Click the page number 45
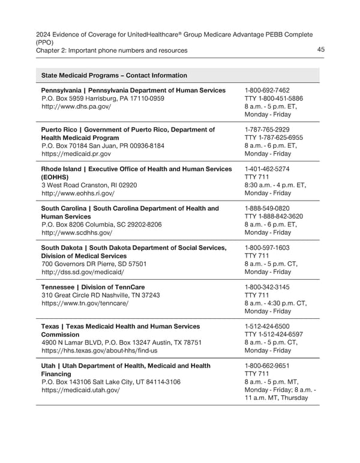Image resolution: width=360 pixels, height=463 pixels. point(320,50)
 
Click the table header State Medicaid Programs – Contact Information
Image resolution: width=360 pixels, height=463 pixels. point(114,75)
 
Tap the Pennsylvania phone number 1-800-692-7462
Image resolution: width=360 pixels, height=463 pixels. point(267,90)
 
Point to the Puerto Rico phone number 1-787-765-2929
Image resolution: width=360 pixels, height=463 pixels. point(267,129)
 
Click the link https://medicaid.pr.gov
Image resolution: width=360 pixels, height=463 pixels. point(76,154)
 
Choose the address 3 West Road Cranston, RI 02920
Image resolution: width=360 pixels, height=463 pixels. point(89,185)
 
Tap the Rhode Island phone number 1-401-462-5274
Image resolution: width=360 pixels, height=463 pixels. point(267,169)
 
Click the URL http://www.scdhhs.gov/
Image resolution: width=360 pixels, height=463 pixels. point(76,232)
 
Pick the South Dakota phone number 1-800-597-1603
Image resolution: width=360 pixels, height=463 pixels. point(267,247)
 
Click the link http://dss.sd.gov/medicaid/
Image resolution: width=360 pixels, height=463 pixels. point(83,272)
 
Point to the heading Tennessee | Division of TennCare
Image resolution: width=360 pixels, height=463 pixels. point(92,287)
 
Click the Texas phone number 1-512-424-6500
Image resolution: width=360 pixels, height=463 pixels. point(267,326)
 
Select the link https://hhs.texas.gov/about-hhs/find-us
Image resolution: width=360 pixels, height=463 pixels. point(100,350)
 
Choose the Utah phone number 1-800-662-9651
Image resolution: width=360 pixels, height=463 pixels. point(267,365)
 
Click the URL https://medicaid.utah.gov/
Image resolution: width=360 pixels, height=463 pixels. point(80,390)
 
